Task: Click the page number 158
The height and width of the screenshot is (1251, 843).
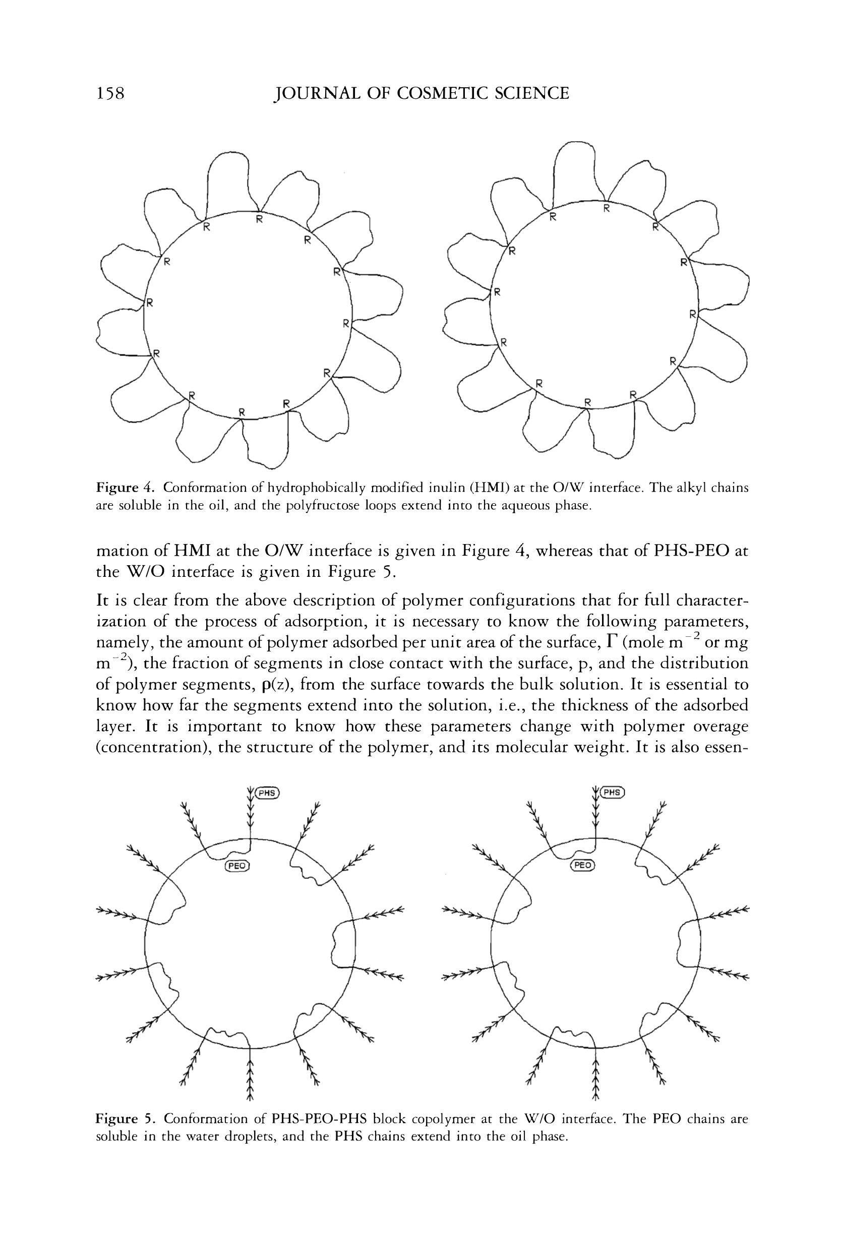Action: point(110,94)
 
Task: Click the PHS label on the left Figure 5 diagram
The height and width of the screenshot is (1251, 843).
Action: point(267,793)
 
